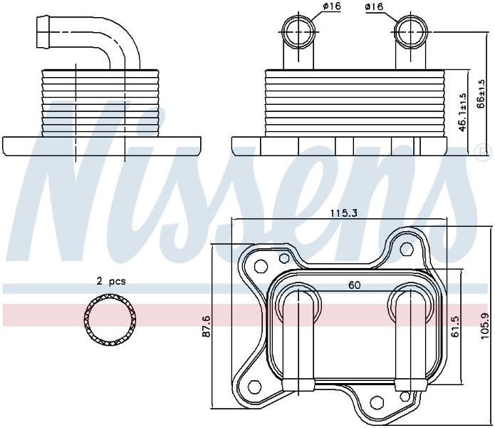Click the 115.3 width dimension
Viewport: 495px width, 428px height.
[x=344, y=213]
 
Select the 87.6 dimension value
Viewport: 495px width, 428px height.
[x=207, y=330]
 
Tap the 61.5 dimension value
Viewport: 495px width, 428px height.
[x=455, y=326]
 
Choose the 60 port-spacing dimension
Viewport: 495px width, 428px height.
[x=354, y=285]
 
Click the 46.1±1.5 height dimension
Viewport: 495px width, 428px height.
[x=462, y=112]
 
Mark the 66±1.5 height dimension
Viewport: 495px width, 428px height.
[x=481, y=93]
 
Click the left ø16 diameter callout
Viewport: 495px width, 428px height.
[x=331, y=6]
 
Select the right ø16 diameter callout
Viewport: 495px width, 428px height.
[x=374, y=6]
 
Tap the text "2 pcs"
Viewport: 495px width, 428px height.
[x=111, y=281]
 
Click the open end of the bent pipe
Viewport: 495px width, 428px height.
[x=38, y=32]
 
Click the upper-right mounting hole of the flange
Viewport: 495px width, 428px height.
[x=407, y=250]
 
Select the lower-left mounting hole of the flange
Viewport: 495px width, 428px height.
[x=254, y=387]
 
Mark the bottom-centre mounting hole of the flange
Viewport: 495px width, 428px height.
[x=377, y=402]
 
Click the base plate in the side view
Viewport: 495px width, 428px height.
[x=102, y=146]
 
